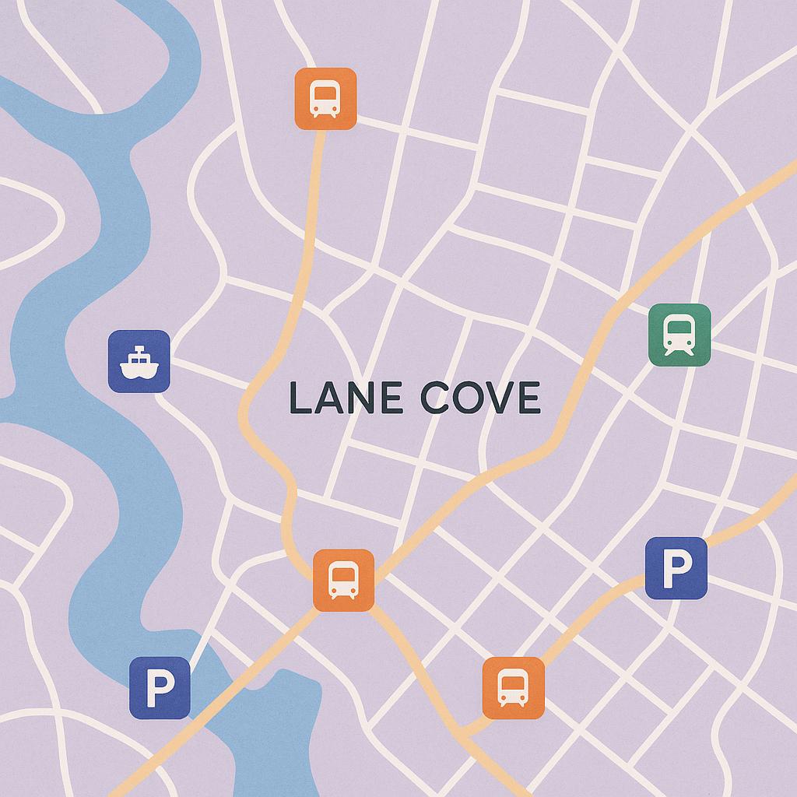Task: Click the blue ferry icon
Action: click(x=139, y=360)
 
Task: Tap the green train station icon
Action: click(x=679, y=335)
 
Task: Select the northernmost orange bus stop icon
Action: click(x=325, y=99)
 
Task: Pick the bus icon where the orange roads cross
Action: click(x=343, y=580)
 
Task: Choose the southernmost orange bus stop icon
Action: click(x=513, y=687)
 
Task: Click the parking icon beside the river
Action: click(x=160, y=687)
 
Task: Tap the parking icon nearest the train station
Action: click(x=676, y=568)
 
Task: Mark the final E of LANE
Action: click(x=391, y=398)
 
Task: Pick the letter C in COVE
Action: click(x=436, y=398)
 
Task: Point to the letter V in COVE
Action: click(x=500, y=398)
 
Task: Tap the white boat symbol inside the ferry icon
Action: click(x=139, y=362)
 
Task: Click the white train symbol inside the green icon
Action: click(x=679, y=335)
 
